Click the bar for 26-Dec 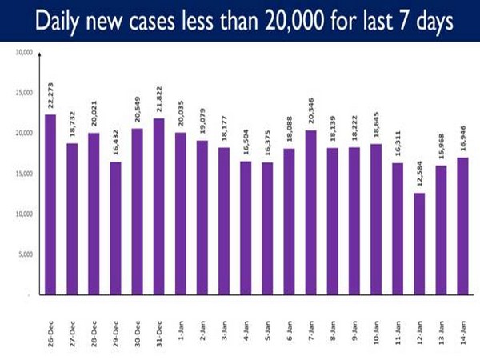pyautogui.click(x=50, y=204)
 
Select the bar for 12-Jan pyautogui.click(x=418, y=243)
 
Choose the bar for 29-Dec pyautogui.click(x=115, y=228)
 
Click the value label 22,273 pyautogui.click(x=50, y=96)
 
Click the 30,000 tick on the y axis pyautogui.click(x=23, y=52)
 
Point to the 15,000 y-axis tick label pyautogui.click(x=23, y=174)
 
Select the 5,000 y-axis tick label pyautogui.click(x=25, y=254)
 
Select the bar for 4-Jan pyautogui.click(x=245, y=228)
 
